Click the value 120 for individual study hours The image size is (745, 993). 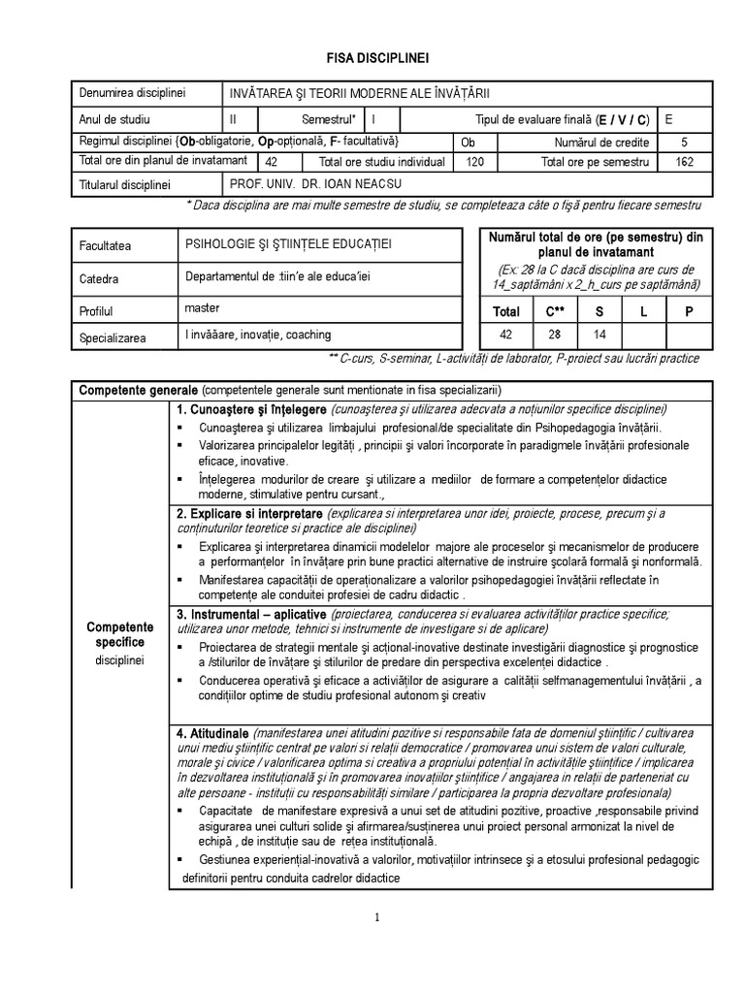point(474,162)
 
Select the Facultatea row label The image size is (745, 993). point(106,247)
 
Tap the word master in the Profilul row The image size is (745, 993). point(202,307)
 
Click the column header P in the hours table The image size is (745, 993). point(690,312)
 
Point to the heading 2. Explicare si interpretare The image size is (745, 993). point(250,513)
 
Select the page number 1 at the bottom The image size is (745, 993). point(376,919)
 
